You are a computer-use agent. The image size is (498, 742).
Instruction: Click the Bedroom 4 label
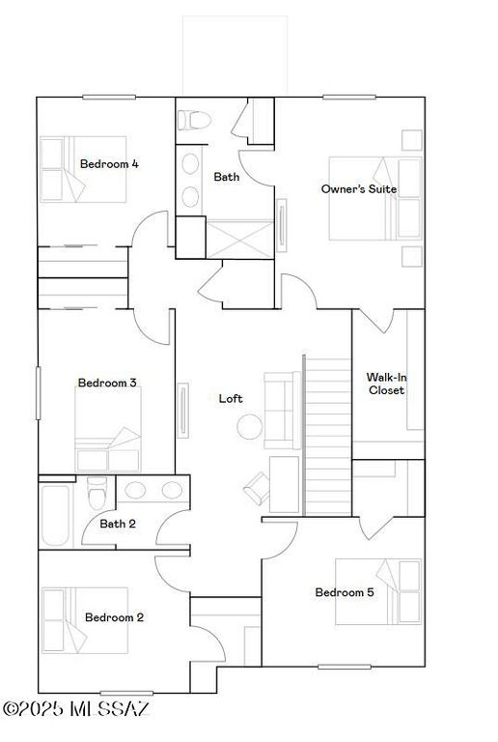(x=109, y=164)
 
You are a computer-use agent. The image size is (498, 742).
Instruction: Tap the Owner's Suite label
(x=359, y=189)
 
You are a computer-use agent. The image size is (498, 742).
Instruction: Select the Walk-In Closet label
(x=385, y=384)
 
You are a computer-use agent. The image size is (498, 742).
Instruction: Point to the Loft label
(x=231, y=398)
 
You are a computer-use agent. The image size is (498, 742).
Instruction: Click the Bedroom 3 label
(x=106, y=384)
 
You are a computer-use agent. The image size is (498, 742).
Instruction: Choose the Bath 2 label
(x=118, y=524)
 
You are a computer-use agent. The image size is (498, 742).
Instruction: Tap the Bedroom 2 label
(x=114, y=617)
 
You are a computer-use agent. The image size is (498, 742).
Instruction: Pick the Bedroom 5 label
(x=345, y=592)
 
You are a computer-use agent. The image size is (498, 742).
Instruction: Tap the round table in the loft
(x=250, y=426)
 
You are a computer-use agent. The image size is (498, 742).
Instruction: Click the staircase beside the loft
(x=327, y=435)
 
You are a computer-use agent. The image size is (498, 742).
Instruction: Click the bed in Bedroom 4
(x=83, y=169)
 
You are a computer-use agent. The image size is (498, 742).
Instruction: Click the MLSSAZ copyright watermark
(x=77, y=710)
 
